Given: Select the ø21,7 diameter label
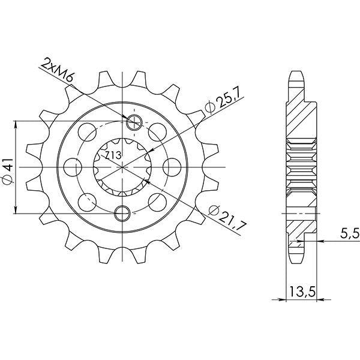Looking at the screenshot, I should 221,217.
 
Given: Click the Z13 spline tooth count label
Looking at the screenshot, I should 113,155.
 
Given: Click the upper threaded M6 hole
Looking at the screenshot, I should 134,122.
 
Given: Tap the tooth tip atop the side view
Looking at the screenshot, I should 298,75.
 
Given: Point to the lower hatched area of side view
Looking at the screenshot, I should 298,225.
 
